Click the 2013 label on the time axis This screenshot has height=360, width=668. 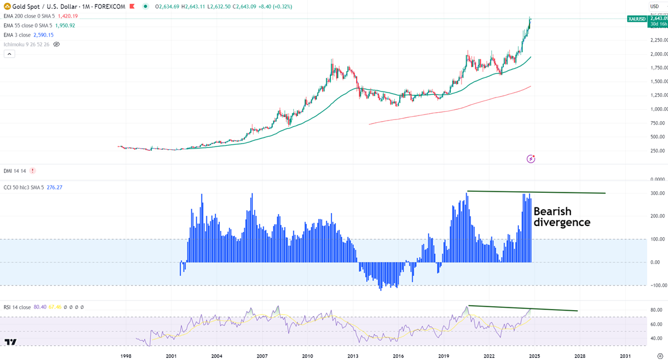[x=353, y=356]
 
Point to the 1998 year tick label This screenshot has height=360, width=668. [x=126, y=356]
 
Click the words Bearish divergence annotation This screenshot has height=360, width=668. [x=561, y=217]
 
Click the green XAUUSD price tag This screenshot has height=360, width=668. [x=637, y=19]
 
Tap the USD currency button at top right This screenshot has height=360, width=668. [x=654, y=6]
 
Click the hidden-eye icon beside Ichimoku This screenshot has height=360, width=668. [x=56, y=44]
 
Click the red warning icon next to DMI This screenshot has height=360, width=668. [x=33, y=170]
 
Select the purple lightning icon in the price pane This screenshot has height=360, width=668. [x=531, y=159]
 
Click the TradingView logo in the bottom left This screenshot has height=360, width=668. [x=10, y=341]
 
